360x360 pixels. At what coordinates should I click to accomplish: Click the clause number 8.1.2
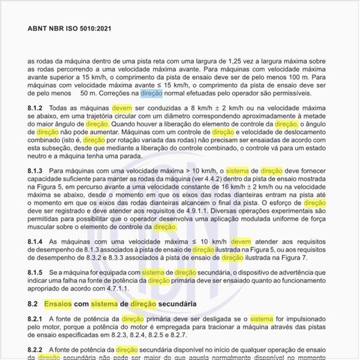click(x=35, y=108)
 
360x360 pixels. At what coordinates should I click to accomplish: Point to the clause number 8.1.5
click(x=35, y=272)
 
